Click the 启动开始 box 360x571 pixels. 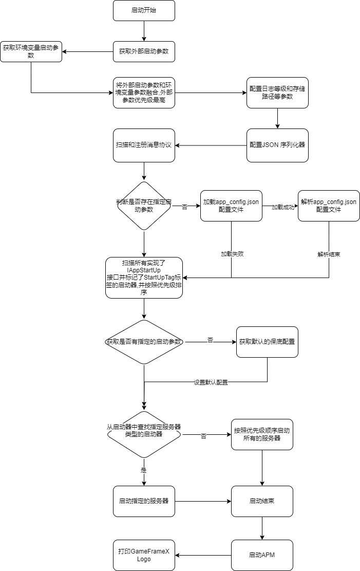pos(144,10)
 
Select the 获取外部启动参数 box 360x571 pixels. pos(144,51)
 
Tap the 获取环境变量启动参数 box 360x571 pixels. pos(31,51)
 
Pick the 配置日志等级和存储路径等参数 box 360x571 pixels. pos(277,93)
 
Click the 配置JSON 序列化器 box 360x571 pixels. pos(277,144)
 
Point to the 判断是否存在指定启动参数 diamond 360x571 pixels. pos(144,206)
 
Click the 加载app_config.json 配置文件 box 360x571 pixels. pos(231,206)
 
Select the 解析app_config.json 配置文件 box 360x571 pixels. pos(329,206)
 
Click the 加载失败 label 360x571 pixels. pos(231,254)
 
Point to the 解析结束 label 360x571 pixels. pos(329,254)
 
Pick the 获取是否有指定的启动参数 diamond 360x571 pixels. pos(144,342)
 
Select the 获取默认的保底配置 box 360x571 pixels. pos(267,342)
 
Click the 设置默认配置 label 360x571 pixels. pos(211,382)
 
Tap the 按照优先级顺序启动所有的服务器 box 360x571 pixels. pos(262,435)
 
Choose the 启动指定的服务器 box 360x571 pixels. pos(144,501)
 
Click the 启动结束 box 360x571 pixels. pos(262,501)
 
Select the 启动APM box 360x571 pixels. pos(262,555)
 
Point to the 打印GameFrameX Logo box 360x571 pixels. pos(144,555)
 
